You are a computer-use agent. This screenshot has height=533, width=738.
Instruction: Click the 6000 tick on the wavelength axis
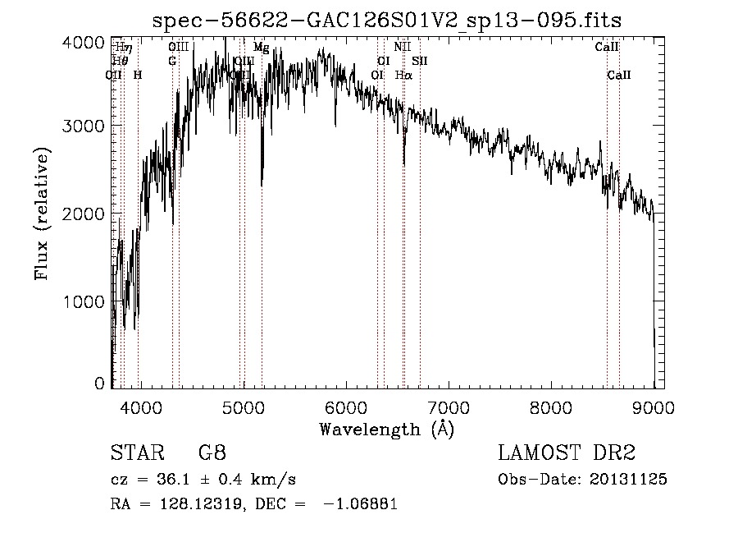tap(346, 407)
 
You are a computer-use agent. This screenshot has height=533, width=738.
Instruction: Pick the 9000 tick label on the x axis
tap(654, 407)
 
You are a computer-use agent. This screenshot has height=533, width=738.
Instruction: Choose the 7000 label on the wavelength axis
tap(449, 407)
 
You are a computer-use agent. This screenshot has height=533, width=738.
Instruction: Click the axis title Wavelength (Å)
tap(386, 429)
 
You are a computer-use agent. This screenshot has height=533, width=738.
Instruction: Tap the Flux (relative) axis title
tap(42, 214)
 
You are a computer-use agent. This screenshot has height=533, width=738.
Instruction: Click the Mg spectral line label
tap(261, 48)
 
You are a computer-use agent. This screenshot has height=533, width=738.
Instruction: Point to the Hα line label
tap(403, 75)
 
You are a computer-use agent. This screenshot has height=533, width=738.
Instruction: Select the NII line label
tap(402, 48)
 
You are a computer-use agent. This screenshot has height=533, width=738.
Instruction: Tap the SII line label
tap(420, 61)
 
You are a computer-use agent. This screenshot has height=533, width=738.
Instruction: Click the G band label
tap(172, 61)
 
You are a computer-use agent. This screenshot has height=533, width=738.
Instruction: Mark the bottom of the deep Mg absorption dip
tap(262, 185)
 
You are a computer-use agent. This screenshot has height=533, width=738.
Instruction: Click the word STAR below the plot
tap(134, 453)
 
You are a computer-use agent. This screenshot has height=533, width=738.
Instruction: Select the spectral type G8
tap(212, 453)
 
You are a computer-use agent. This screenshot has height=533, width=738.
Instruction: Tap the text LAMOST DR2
tap(567, 453)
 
